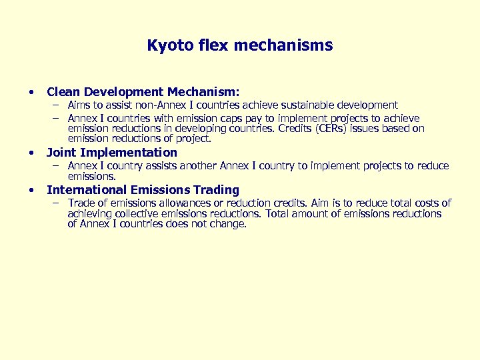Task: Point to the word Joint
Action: click(61, 153)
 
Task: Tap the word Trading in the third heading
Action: click(216, 190)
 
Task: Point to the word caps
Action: click(269, 119)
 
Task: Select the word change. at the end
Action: click(230, 225)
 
